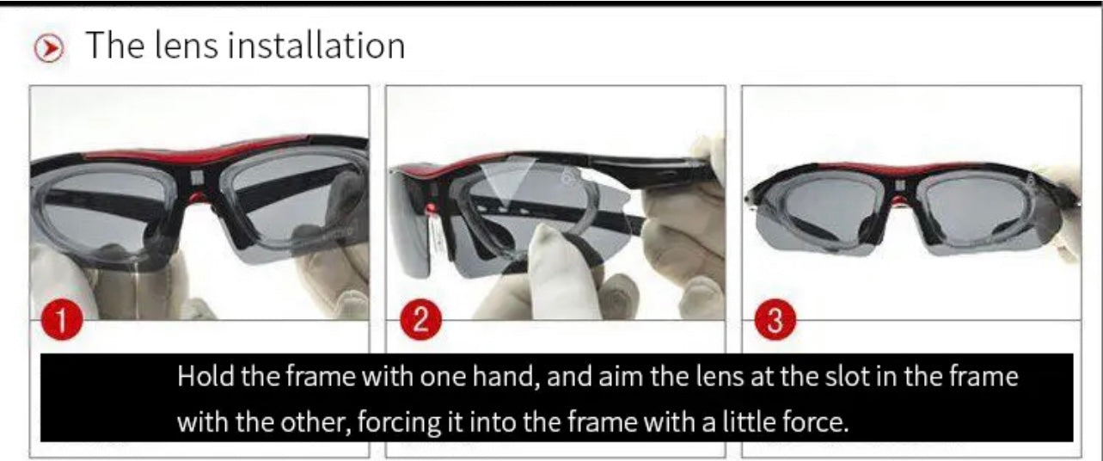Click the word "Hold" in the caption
point(204,377)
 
